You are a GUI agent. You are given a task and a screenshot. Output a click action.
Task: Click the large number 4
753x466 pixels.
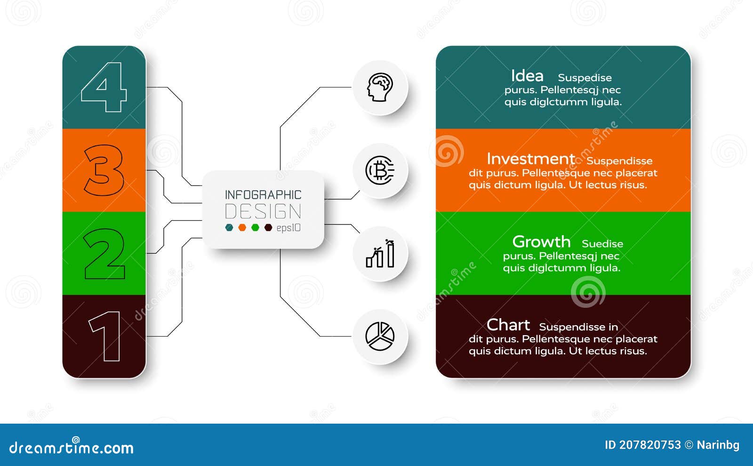(x=104, y=87)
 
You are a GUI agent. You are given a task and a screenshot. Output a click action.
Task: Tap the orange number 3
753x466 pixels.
(x=104, y=170)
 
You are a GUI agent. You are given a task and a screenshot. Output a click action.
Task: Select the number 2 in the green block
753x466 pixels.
(x=104, y=254)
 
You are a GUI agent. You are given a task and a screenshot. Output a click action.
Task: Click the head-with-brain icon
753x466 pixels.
(x=380, y=88)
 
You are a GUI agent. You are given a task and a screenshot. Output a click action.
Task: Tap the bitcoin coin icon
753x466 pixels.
(x=380, y=170)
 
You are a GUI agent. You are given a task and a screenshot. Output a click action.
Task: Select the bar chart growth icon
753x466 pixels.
(x=380, y=254)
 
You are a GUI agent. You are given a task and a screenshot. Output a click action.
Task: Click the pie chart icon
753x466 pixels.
(x=380, y=336)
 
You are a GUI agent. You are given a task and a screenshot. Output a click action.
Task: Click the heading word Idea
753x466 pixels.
(x=527, y=76)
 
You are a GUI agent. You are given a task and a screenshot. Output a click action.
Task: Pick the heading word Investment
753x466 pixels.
(x=531, y=159)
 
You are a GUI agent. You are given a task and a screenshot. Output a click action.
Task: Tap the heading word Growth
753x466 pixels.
(x=541, y=241)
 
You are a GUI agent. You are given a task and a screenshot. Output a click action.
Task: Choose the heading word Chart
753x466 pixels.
(x=508, y=325)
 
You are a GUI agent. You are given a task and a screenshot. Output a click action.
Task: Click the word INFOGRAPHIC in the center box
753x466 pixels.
(x=263, y=195)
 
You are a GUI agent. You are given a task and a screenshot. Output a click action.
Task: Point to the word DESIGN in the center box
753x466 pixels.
(x=263, y=212)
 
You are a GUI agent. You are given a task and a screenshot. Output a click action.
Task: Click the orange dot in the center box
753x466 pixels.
(x=242, y=228)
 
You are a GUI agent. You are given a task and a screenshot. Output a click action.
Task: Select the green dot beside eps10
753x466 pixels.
(x=255, y=228)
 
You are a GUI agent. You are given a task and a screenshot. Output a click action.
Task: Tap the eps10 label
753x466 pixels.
(x=288, y=228)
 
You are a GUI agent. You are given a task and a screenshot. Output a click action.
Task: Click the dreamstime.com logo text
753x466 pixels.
(x=72, y=447)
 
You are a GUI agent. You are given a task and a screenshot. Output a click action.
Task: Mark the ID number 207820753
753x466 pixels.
(x=649, y=445)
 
